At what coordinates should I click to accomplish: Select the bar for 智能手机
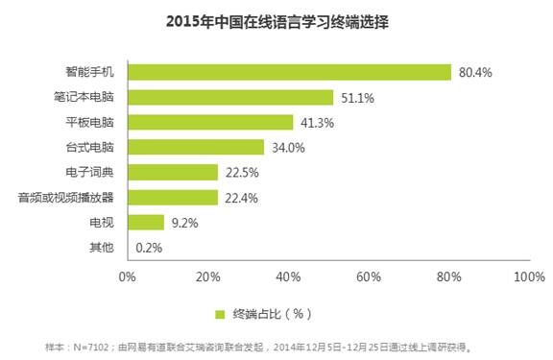point(289,72)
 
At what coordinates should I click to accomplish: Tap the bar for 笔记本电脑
point(230,97)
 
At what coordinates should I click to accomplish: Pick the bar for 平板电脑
point(210,122)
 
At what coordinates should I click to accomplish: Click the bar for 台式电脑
point(196,147)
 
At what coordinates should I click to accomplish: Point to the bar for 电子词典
point(173,172)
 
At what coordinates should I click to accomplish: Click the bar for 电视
point(146,222)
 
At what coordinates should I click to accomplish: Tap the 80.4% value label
point(476,72)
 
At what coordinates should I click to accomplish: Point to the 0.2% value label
point(148,247)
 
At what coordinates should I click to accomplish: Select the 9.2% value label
point(184,222)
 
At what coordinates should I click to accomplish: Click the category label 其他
point(101,247)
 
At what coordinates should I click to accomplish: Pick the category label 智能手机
point(89,72)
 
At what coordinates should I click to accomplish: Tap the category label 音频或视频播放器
point(65,197)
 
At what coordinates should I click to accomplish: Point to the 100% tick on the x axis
point(529,276)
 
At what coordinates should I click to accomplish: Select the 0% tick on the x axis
point(127,276)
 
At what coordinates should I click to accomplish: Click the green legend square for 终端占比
point(220,314)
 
